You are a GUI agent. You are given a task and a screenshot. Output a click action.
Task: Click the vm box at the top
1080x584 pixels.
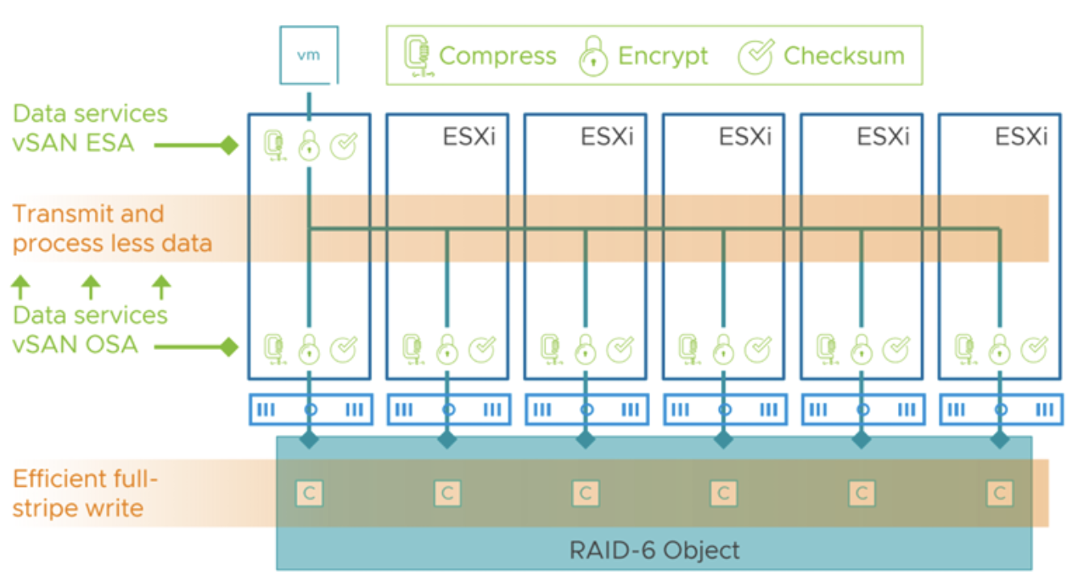point(309,55)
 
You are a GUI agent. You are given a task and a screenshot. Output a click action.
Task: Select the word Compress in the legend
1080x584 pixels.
point(497,55)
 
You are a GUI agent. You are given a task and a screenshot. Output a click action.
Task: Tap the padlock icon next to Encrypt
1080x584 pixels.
point(594,57)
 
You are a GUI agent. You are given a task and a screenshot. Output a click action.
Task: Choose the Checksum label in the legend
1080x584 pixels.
point(843,55)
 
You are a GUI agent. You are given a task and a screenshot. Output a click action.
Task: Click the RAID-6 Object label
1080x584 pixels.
point(654,551)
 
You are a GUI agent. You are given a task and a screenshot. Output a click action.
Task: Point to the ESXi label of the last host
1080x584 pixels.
point(1021,136)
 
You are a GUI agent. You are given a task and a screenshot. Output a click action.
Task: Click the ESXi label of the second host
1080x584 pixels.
point(469,136)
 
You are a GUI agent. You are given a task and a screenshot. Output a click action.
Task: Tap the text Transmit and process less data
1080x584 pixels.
point(112,229)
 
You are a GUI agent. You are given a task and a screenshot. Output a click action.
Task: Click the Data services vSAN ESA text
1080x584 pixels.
point(90,128)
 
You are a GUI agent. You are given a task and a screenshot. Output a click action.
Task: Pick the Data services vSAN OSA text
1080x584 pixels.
point(90,330)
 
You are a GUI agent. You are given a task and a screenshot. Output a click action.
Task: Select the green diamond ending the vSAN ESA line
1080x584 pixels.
point(229,145)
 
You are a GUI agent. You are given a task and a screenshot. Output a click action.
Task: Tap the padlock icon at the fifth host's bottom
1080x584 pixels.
point(862,348)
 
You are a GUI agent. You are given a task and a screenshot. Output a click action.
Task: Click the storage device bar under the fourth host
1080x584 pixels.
point(724,409)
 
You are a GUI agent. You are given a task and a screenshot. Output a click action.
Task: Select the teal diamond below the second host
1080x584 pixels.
point(447,440)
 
